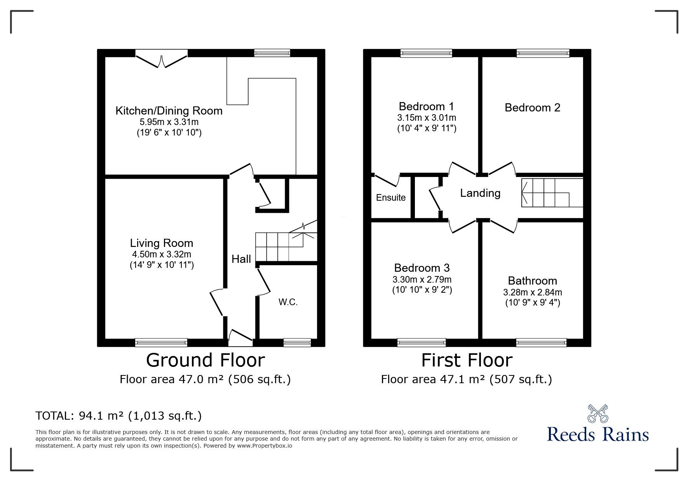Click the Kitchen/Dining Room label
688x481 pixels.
pos(169,111)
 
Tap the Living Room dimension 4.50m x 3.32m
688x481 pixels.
pos(162,255)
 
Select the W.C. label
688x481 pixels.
pos(288,302)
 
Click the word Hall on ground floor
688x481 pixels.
pos(241,259)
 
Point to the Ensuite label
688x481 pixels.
pos(391,198)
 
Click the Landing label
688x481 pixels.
pos(480,193)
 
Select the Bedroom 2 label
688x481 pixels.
pos(532,108)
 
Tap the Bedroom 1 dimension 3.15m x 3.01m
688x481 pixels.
pos(427,118)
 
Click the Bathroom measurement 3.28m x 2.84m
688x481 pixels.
pos(533,292)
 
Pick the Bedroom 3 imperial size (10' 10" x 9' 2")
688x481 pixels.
pos(422,290)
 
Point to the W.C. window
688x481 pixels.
pos(297,342)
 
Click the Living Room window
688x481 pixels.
pos(161,342)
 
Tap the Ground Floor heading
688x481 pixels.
pos(206,360)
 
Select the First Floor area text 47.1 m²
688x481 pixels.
pos(466,379)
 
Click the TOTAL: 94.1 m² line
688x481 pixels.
pos(118,416)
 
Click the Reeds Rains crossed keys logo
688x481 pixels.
pos(597,414)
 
